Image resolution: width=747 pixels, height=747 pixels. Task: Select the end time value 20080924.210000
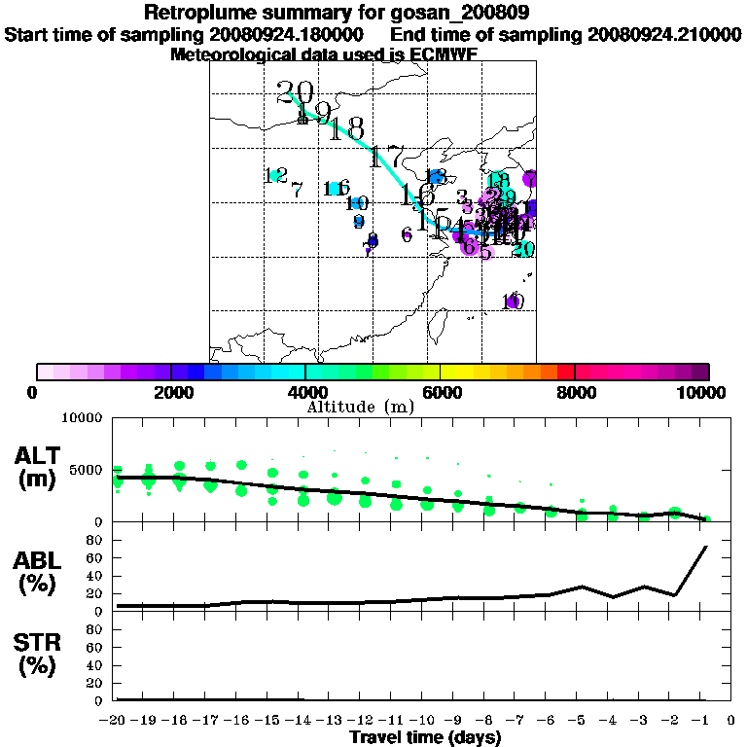[x=664, y=34]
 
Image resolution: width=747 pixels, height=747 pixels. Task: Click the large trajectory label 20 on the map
[x=295, y=93]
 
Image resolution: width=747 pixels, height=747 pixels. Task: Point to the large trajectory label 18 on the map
[x=347, y=129]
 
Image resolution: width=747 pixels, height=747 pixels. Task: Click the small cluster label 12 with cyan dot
[x=276, y=175]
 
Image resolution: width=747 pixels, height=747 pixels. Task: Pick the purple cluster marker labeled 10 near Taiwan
[x=514, y=302]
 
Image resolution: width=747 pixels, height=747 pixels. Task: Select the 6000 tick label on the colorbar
[x=441, y=392]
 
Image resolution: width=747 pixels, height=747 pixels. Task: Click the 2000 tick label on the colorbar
[x=171, y=392]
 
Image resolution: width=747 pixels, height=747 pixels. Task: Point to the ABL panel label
[x=36, y=570]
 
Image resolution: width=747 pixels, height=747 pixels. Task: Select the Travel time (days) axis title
[x=425, y=738]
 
